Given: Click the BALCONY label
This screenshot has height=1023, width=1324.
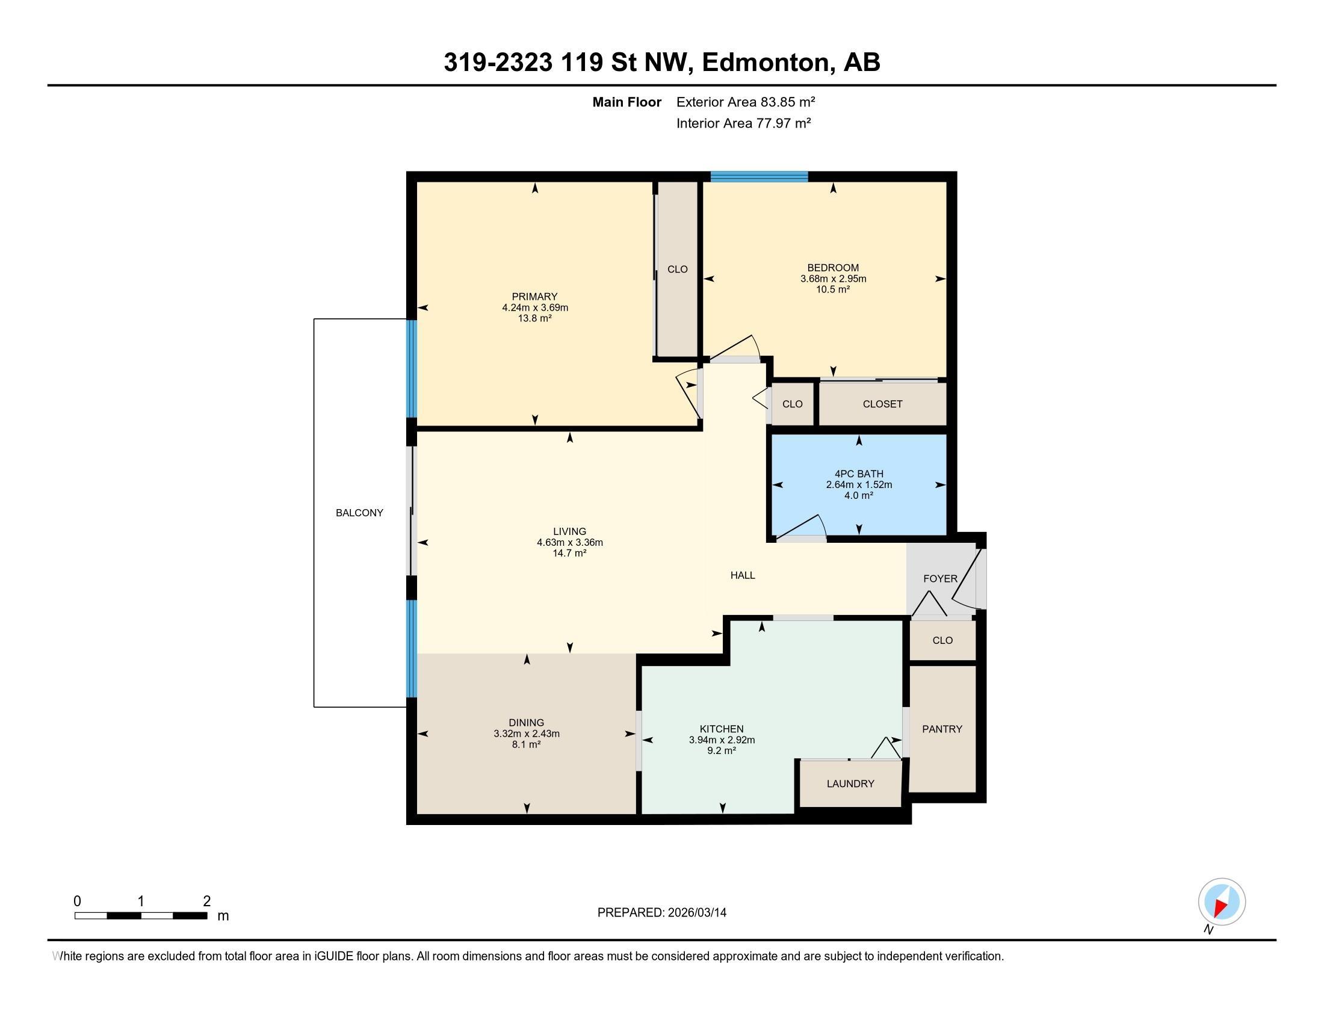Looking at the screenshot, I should [359, 513].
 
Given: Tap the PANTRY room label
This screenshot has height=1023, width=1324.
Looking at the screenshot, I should [941, 729].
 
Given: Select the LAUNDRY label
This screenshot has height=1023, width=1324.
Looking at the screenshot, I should [850, 783].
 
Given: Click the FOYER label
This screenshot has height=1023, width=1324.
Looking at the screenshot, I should [939, 579].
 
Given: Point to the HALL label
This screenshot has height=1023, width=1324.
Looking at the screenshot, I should [742, 575].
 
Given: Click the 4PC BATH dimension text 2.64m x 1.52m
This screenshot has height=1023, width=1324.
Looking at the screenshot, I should [858, 485].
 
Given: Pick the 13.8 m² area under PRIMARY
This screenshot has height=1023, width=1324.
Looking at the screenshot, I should [534, 318].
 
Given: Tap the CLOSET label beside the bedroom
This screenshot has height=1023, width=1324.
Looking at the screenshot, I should [882, 404].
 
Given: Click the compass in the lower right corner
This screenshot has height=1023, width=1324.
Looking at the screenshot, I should [1221, 901].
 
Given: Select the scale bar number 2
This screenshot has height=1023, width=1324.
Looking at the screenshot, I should [206, 901].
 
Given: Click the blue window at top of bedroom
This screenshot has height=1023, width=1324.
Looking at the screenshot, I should [759, 177].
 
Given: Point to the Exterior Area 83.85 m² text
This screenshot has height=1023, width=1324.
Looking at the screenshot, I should [745, 102].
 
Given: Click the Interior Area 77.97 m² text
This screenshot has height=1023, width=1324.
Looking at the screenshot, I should [743, 123].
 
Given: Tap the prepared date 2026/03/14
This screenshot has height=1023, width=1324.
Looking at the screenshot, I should [696, 913].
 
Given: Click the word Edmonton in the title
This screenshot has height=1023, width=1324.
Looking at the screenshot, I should [765, 62].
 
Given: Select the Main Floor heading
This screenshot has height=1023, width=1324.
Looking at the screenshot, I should [626, 102].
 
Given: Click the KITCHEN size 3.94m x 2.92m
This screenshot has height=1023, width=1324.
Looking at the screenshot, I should [722, 740].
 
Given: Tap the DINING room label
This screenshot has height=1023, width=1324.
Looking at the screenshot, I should [526, 722].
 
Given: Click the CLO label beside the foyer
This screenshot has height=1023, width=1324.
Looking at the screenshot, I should [942, 641].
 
